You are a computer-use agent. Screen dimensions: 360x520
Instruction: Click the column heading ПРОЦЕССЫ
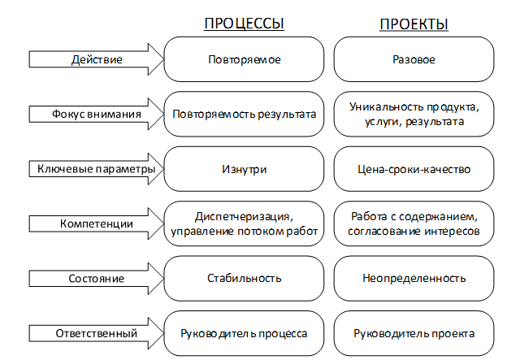pos(244,24)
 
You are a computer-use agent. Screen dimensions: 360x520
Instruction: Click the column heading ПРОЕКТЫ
pos(414,24)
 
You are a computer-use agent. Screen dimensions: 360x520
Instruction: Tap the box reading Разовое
pos(414,60)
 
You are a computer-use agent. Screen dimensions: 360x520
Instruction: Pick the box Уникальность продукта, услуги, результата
pos(414,115)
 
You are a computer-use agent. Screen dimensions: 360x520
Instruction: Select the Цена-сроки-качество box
pos(414,169)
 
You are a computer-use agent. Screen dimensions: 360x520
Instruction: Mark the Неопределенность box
pos(414,279)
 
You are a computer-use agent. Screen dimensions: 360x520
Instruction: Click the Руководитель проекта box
pos(414,333)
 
